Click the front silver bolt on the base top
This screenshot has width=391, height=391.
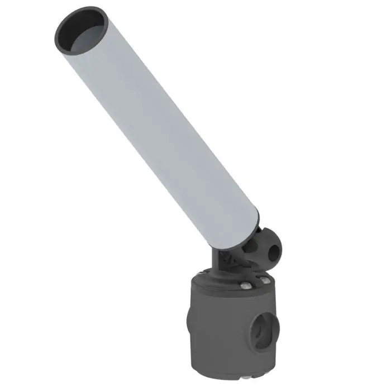245,286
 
